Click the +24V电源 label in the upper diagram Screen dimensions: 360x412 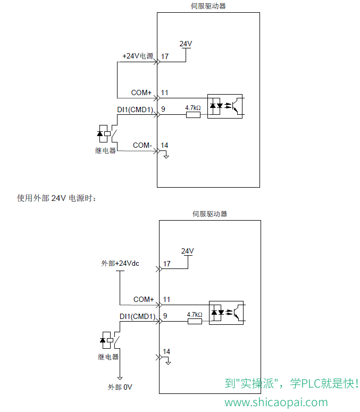click(138, 56)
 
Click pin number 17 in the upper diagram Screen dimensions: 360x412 click(165, 56)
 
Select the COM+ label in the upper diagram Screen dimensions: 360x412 click(141, 93)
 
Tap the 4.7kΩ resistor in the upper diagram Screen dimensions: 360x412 click(193, 115)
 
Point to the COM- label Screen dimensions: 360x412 click(143, 145)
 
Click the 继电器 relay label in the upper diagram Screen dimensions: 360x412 click(105, 150)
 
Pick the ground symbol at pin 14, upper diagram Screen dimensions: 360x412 click(166, 157)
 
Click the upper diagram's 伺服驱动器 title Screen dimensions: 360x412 click(208, 6)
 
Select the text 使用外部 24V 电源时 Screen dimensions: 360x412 click(56, 198)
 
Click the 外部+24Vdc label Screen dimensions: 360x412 click(120, 263)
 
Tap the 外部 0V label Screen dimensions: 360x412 click(120, 387)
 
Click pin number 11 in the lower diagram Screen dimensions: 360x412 click(166, 299)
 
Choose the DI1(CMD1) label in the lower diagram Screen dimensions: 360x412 click(137, 316)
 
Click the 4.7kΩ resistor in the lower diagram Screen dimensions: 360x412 click(195, 321)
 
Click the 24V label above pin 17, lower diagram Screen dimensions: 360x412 click(187, 251)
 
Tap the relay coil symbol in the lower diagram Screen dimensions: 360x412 click(106, 340)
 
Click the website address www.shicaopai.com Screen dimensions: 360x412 click(276, 402)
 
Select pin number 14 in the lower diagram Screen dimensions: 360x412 click(166, 351)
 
